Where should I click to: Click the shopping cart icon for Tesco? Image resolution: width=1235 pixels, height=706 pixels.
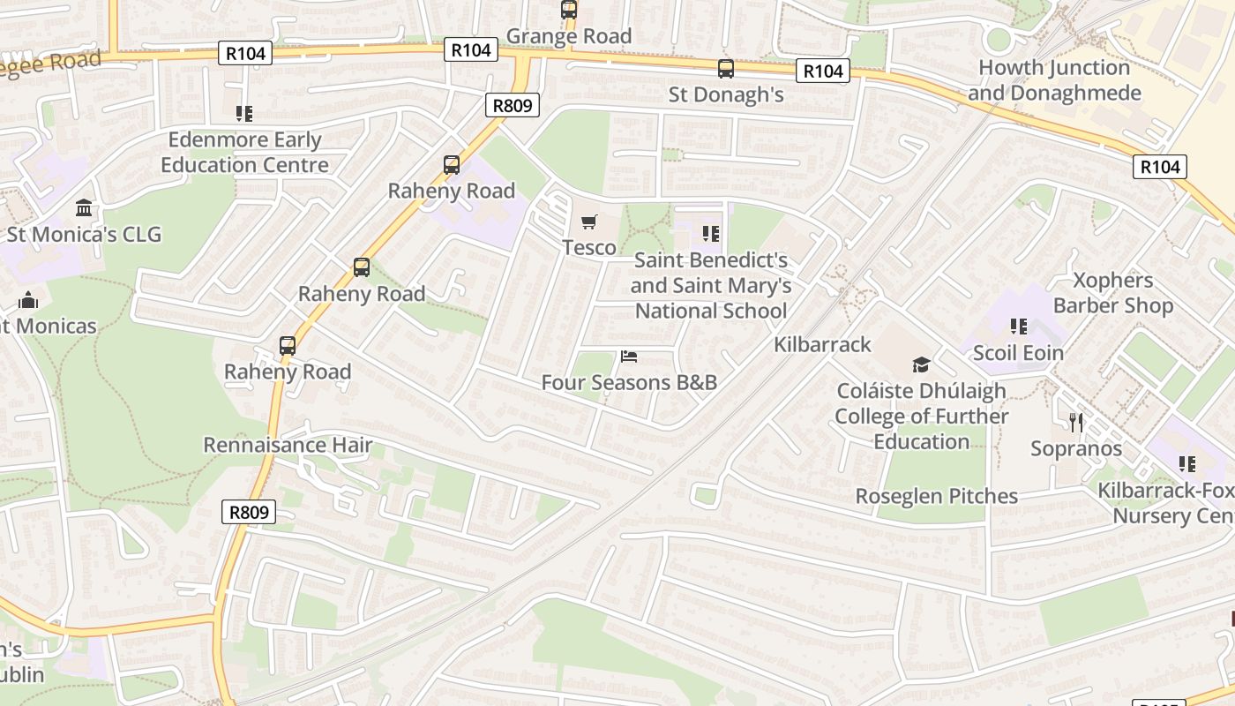(x=588, y=222)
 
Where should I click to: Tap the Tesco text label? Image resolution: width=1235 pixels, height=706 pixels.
(x=589, y=247)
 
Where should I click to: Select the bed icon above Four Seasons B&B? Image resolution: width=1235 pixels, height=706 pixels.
(x=629, y=357)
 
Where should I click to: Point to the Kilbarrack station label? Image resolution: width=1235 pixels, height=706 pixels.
(x=822, y=344)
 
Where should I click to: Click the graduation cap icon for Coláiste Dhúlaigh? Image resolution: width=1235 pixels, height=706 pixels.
(x=921, y=364)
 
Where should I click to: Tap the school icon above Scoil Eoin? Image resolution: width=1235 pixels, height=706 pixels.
(x=1019, y=327)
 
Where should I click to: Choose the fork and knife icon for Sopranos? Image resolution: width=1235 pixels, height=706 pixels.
(x=1075, y=422)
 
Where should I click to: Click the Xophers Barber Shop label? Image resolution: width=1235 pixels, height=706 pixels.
(x=1112, y=293)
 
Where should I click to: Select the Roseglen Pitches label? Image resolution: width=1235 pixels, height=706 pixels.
(x=937, y=496)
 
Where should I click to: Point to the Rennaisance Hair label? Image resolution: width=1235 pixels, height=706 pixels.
(x=288, y=445)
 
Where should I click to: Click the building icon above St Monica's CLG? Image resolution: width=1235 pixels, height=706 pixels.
(x=85, y=208)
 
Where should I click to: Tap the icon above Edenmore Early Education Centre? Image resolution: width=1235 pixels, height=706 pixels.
(x=244, y=114)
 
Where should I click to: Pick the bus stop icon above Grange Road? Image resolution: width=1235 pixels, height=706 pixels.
(x=569, y=11)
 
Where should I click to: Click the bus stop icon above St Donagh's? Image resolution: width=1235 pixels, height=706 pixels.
(x=726, y=69)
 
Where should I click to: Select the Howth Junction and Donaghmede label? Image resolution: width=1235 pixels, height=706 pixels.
(x=1054, y=80)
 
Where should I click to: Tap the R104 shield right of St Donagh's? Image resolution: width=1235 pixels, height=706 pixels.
(x=822, y=71)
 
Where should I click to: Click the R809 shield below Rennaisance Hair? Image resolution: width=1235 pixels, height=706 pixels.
(x=249, y=512)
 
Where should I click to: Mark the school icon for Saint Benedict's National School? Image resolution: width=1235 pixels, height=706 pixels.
(x=711, y=234)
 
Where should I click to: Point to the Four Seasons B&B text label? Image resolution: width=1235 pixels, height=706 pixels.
(x=629, y=382)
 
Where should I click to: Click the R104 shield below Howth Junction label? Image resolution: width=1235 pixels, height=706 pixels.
(x=1159, y=167)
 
